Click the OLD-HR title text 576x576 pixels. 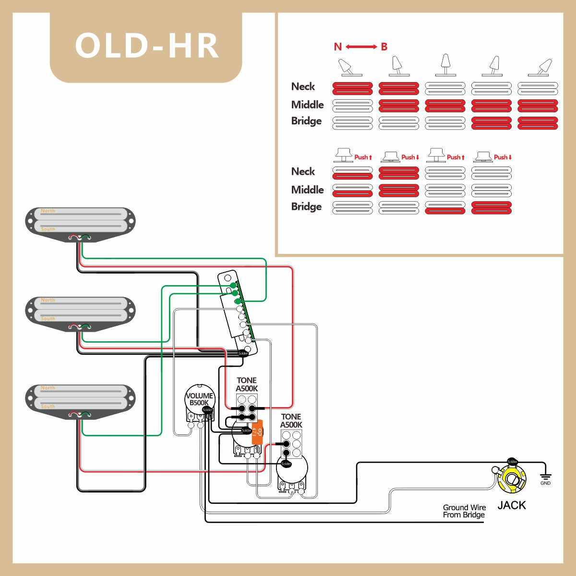click(x=146, y=46)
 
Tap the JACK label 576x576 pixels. click(x=511, y=505)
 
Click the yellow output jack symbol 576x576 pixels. click(x=512, y=480)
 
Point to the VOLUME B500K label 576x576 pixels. click(x=199, y=399)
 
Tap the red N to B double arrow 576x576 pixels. click(x=361, y=47)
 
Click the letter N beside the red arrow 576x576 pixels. click(x=338, y=47)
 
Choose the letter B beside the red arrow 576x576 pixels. click(x=384, y=47)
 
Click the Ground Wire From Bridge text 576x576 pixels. click(x=464, y=511)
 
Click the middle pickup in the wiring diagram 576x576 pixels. click(x=81, y=312)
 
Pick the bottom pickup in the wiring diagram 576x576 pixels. click(x=81, y=400)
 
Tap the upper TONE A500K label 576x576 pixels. click(x=247, y=384)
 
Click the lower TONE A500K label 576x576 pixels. click(x=291, y=421)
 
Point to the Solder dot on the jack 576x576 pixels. click(x=512, y=462)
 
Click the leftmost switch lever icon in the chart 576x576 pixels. click(x=348, y=68)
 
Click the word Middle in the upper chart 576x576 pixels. click(x=307, y=105)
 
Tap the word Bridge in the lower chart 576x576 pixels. click(x=306, y=206)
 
